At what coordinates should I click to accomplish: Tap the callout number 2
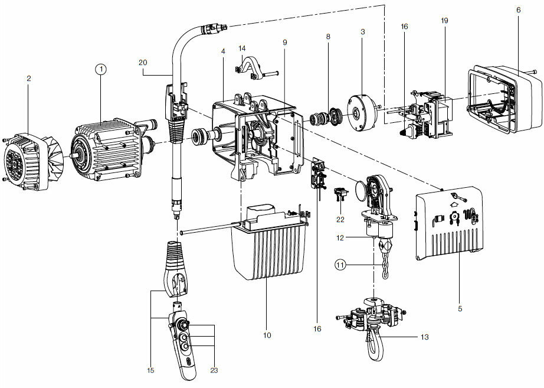click(28, 77)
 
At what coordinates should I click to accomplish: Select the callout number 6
click(518, 10)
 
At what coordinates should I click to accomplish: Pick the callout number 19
click(444, 21)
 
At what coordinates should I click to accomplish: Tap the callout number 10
click(267, 335)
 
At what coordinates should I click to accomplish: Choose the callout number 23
click(214, 370)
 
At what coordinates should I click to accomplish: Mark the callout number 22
click(340, 220)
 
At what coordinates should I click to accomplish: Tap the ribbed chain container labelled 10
click(268, 254)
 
